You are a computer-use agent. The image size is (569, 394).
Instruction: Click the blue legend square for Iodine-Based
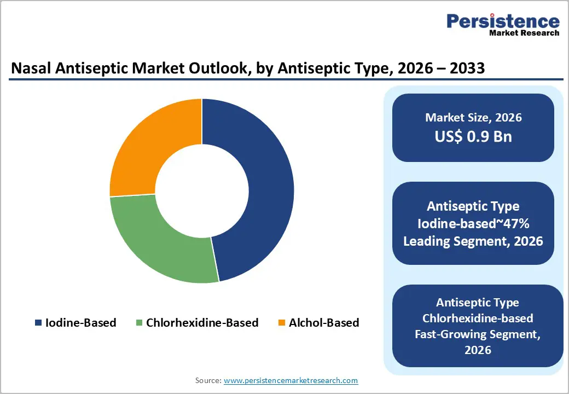[38, 323]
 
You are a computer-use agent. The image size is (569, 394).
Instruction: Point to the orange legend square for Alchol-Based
[281, 323]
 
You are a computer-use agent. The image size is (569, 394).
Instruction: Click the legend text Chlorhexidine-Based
[202, 323]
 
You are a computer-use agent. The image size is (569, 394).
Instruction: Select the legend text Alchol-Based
[324, 323]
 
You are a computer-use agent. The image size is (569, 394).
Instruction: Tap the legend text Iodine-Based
[80, 323]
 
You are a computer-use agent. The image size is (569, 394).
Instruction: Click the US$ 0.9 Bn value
[473, 136]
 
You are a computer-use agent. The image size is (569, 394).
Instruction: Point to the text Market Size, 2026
[473, 118]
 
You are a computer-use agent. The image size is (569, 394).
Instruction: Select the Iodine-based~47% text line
[473, 223]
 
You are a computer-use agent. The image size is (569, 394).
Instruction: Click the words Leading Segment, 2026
[473, 241]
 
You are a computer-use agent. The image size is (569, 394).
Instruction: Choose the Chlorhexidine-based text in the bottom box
[478, 318]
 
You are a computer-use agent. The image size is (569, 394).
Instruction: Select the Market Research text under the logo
[524, 33]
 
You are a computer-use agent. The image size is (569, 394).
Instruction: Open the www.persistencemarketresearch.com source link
[291, 380]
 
